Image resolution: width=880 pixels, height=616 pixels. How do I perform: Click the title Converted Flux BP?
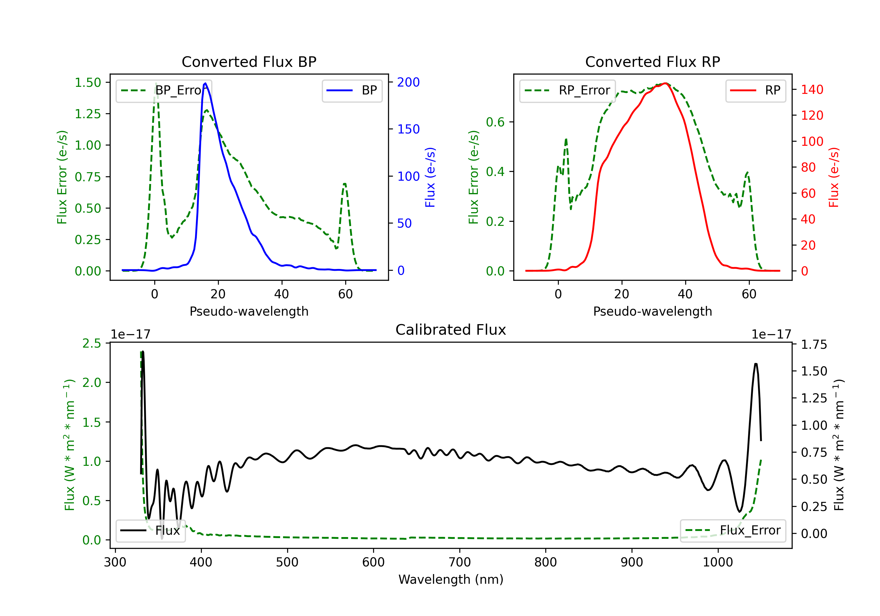tap(249, 62)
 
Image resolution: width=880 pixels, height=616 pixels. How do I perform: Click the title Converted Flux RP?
tap(652, 62)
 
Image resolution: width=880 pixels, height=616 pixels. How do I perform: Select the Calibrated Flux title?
tap(451, 330)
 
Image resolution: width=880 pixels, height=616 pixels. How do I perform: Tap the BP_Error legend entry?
tap(164, 90)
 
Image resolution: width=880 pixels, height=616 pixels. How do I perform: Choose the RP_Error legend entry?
tap(568, 90)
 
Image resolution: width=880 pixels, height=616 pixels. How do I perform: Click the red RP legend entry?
tap(755, 90)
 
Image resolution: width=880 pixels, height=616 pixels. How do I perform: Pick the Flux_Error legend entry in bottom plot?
tap(733, 531)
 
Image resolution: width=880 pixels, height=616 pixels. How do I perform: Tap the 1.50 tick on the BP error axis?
tap(88, 82)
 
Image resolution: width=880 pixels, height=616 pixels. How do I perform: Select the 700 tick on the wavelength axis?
tap(459, 562)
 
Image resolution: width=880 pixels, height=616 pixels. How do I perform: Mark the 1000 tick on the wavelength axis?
tap(717, 562)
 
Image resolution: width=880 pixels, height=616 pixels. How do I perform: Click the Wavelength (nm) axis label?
tap(451, 580)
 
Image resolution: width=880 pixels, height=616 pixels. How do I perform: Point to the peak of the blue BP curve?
tap(205, 83)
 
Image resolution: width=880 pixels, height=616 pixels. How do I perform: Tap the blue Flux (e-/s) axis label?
tap(430, 177)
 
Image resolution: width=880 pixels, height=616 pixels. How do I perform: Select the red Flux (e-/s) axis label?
tap(834, 177)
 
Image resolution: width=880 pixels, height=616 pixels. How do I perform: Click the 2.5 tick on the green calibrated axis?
tap(92, 343)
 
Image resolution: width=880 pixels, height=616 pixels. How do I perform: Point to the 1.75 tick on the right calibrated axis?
tap(814, 345)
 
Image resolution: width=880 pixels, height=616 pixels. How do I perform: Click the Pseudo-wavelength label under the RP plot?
tap(652, 311)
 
